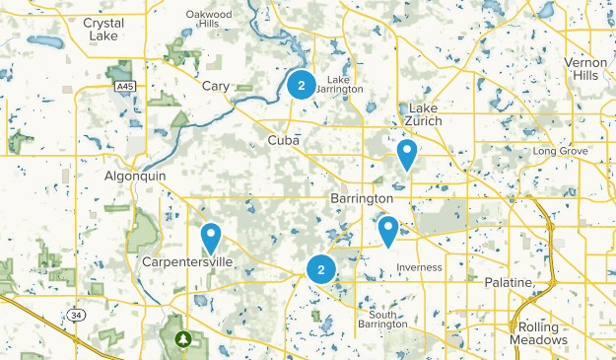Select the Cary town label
point(215,87)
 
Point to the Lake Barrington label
point(339,85)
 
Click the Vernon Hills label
point(586,69)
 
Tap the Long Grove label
point(560,151)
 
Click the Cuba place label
point(284,141)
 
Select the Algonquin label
point(135,176)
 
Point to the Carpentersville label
point(187,262)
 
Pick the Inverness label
point(420,267)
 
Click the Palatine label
point(509,282)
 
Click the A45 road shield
point(122,87)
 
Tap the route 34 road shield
point(77,315)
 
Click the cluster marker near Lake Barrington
point(302,85)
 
